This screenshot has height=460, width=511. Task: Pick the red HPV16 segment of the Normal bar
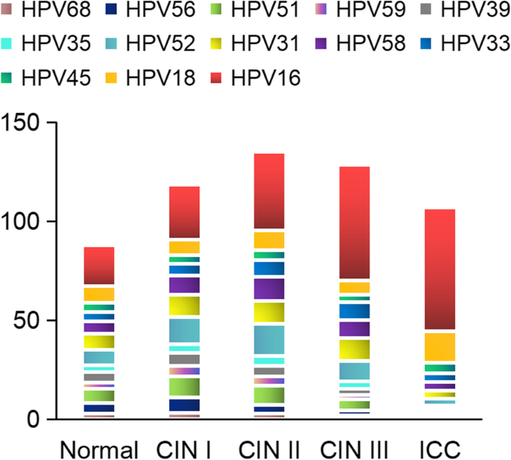(98, 265)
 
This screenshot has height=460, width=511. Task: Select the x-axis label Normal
(98, 449)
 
